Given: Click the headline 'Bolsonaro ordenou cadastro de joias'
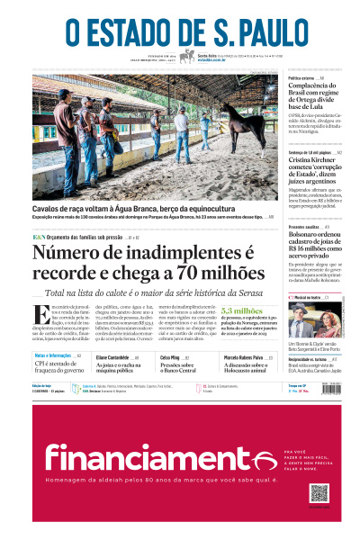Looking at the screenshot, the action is point(319,244).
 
